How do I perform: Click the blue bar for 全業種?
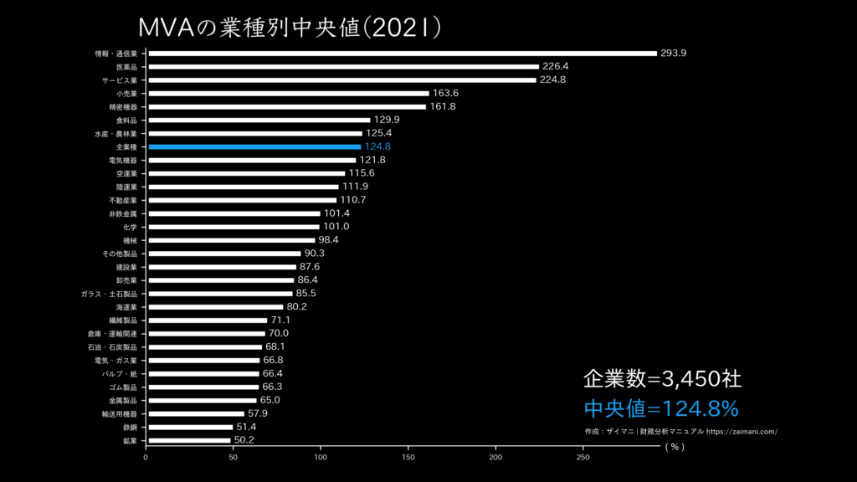coord(254,146)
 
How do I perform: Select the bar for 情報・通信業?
coord(401,54)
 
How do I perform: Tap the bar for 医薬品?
coord(342,67)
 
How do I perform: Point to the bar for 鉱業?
coord(188,440)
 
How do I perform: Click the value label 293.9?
coord(673,54)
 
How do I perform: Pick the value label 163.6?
coord(446,93)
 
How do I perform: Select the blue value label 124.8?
coord(377,146)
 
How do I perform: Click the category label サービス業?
coord(120,80)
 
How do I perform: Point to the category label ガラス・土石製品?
coord(109,294)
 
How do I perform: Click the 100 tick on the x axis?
coord(321,458)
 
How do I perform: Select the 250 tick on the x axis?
coord(582,458)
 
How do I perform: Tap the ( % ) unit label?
coord(675,447)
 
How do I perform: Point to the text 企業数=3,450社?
coord(661,378)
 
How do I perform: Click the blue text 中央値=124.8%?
coord(661,408)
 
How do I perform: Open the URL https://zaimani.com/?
coord(742,432)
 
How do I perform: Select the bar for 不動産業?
coord(241,200)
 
